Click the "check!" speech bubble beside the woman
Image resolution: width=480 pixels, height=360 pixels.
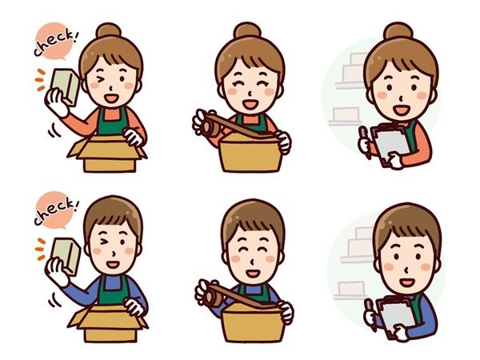tap(54, 41)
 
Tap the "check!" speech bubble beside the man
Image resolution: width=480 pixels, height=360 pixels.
tap(54, 210)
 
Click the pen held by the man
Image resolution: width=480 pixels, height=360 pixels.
tap(371, 315)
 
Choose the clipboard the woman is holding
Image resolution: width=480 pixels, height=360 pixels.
tap(392, 143)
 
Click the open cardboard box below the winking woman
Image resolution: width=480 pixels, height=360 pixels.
tap(107, 154)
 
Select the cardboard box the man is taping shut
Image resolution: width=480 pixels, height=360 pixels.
tap(254, 322)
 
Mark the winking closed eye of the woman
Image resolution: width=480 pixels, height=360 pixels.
tap(100, 79)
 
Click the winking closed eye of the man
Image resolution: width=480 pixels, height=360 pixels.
tap(103, 242)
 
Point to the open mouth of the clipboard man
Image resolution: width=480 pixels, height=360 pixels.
tap(408, 282)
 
